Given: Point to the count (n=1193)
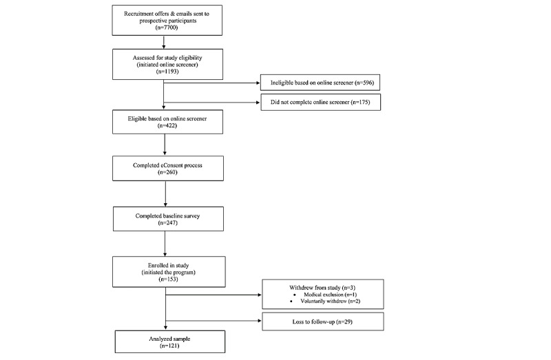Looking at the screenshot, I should (x=164, y=71).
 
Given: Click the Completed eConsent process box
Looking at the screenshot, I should (x=163, y=169).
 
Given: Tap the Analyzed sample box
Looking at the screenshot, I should (x=163, y=343).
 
